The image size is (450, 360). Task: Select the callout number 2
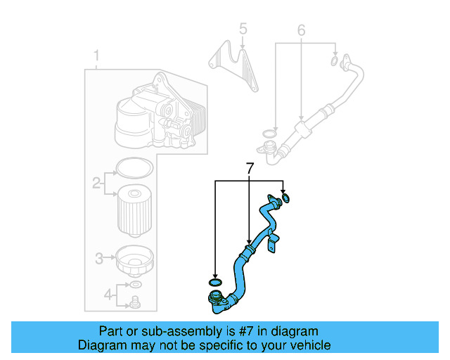(96, 184)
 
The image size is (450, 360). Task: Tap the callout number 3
(99, 257)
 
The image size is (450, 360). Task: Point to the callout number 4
(108, 294)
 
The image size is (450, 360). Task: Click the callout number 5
(243, 29)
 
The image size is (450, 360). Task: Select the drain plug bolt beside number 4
(134, 302)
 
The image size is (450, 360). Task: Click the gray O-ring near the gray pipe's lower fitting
(267, 133)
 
